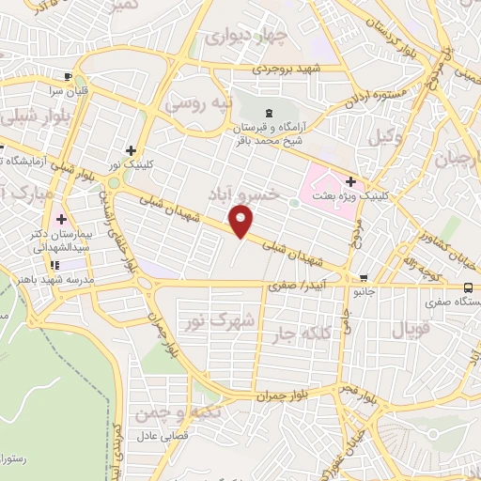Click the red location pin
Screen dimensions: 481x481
pyautogui.click(x=241, y=222)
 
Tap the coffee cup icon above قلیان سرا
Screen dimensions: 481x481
pyautogui.click(x=68, y=76)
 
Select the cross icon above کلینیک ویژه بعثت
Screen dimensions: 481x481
pyautogui.click(x=351, y=181)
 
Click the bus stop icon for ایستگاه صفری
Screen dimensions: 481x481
pyautogui.click(x=468, y=288)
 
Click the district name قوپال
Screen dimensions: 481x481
pyautogui.click(x=406, y=331)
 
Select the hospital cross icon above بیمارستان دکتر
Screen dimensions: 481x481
pyautogui.click(x=62, y=219)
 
